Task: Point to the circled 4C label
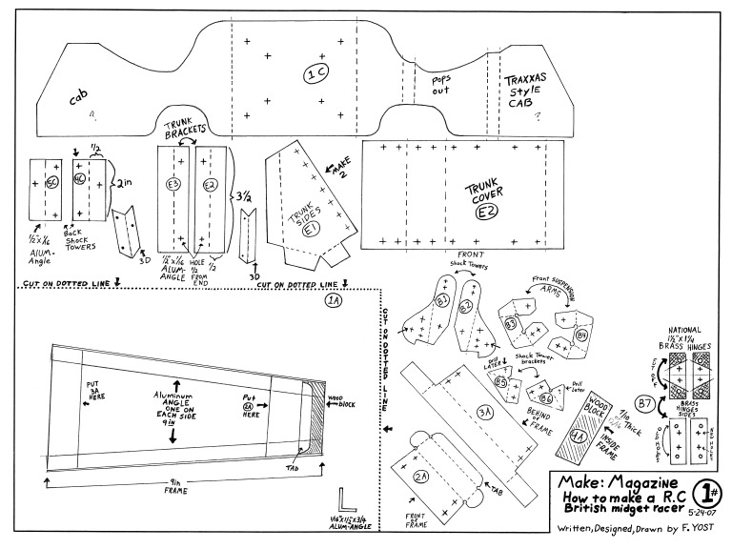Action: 80,178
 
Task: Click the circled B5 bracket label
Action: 501,381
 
